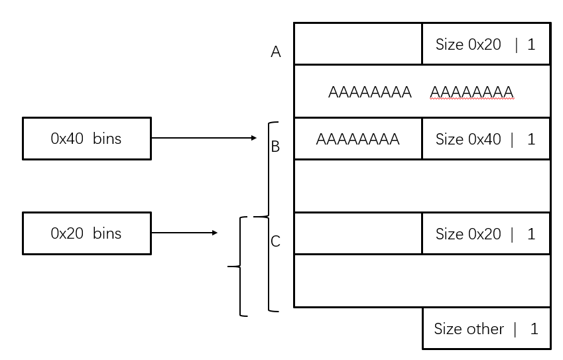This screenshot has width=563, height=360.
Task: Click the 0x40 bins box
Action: point(86,139)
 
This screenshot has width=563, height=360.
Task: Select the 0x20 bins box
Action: point(86,233)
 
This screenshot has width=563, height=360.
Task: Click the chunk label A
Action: point(276,52)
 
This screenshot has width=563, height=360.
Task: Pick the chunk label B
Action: point(276,147)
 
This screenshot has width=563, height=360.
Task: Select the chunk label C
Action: point(276,241)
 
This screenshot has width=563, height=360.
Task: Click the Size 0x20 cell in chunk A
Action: point(485,44)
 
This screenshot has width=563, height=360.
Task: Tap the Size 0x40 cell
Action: point(485,139)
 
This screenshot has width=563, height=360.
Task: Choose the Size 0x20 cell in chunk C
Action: point(485,233)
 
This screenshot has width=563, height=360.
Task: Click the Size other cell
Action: point(485,328)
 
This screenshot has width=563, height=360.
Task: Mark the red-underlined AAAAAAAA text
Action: point(471,91)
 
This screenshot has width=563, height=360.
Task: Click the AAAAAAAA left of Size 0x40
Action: point(357,139)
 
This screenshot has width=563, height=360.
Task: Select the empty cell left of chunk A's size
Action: point(357,44)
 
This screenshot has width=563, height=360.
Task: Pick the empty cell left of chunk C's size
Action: point(357,233)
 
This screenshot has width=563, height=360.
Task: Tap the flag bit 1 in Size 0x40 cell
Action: point(531,139)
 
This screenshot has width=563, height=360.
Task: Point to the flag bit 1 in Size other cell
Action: point(533,328)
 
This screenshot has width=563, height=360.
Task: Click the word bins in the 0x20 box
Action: point(107,233)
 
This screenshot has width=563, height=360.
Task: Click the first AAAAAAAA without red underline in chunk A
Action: point(369,91)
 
